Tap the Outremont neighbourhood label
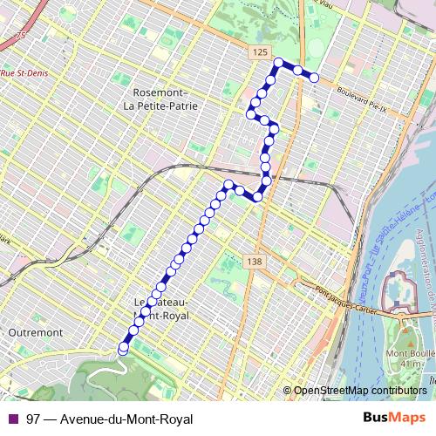(x=31, y=332)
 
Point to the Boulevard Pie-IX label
(x=352, y=101)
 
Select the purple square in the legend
(x=12, y=419)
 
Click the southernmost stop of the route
(x=123, y=348)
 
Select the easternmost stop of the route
(x=314, y=78)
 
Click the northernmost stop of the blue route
(x=279, y=62)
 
